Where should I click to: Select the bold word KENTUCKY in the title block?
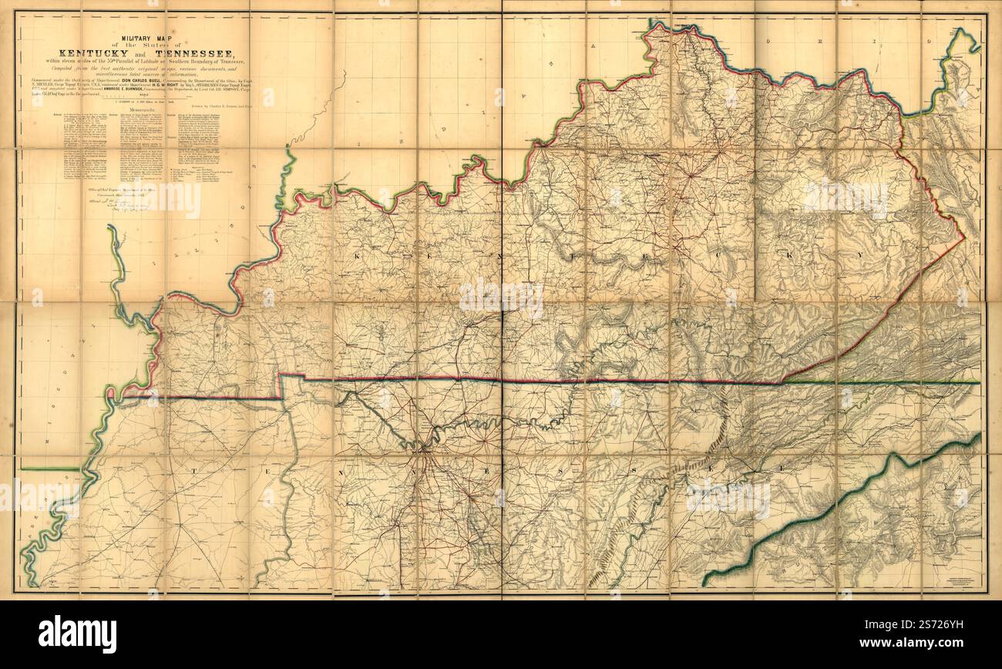96,43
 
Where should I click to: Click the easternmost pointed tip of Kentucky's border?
964,239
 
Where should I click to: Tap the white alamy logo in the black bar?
77,634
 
